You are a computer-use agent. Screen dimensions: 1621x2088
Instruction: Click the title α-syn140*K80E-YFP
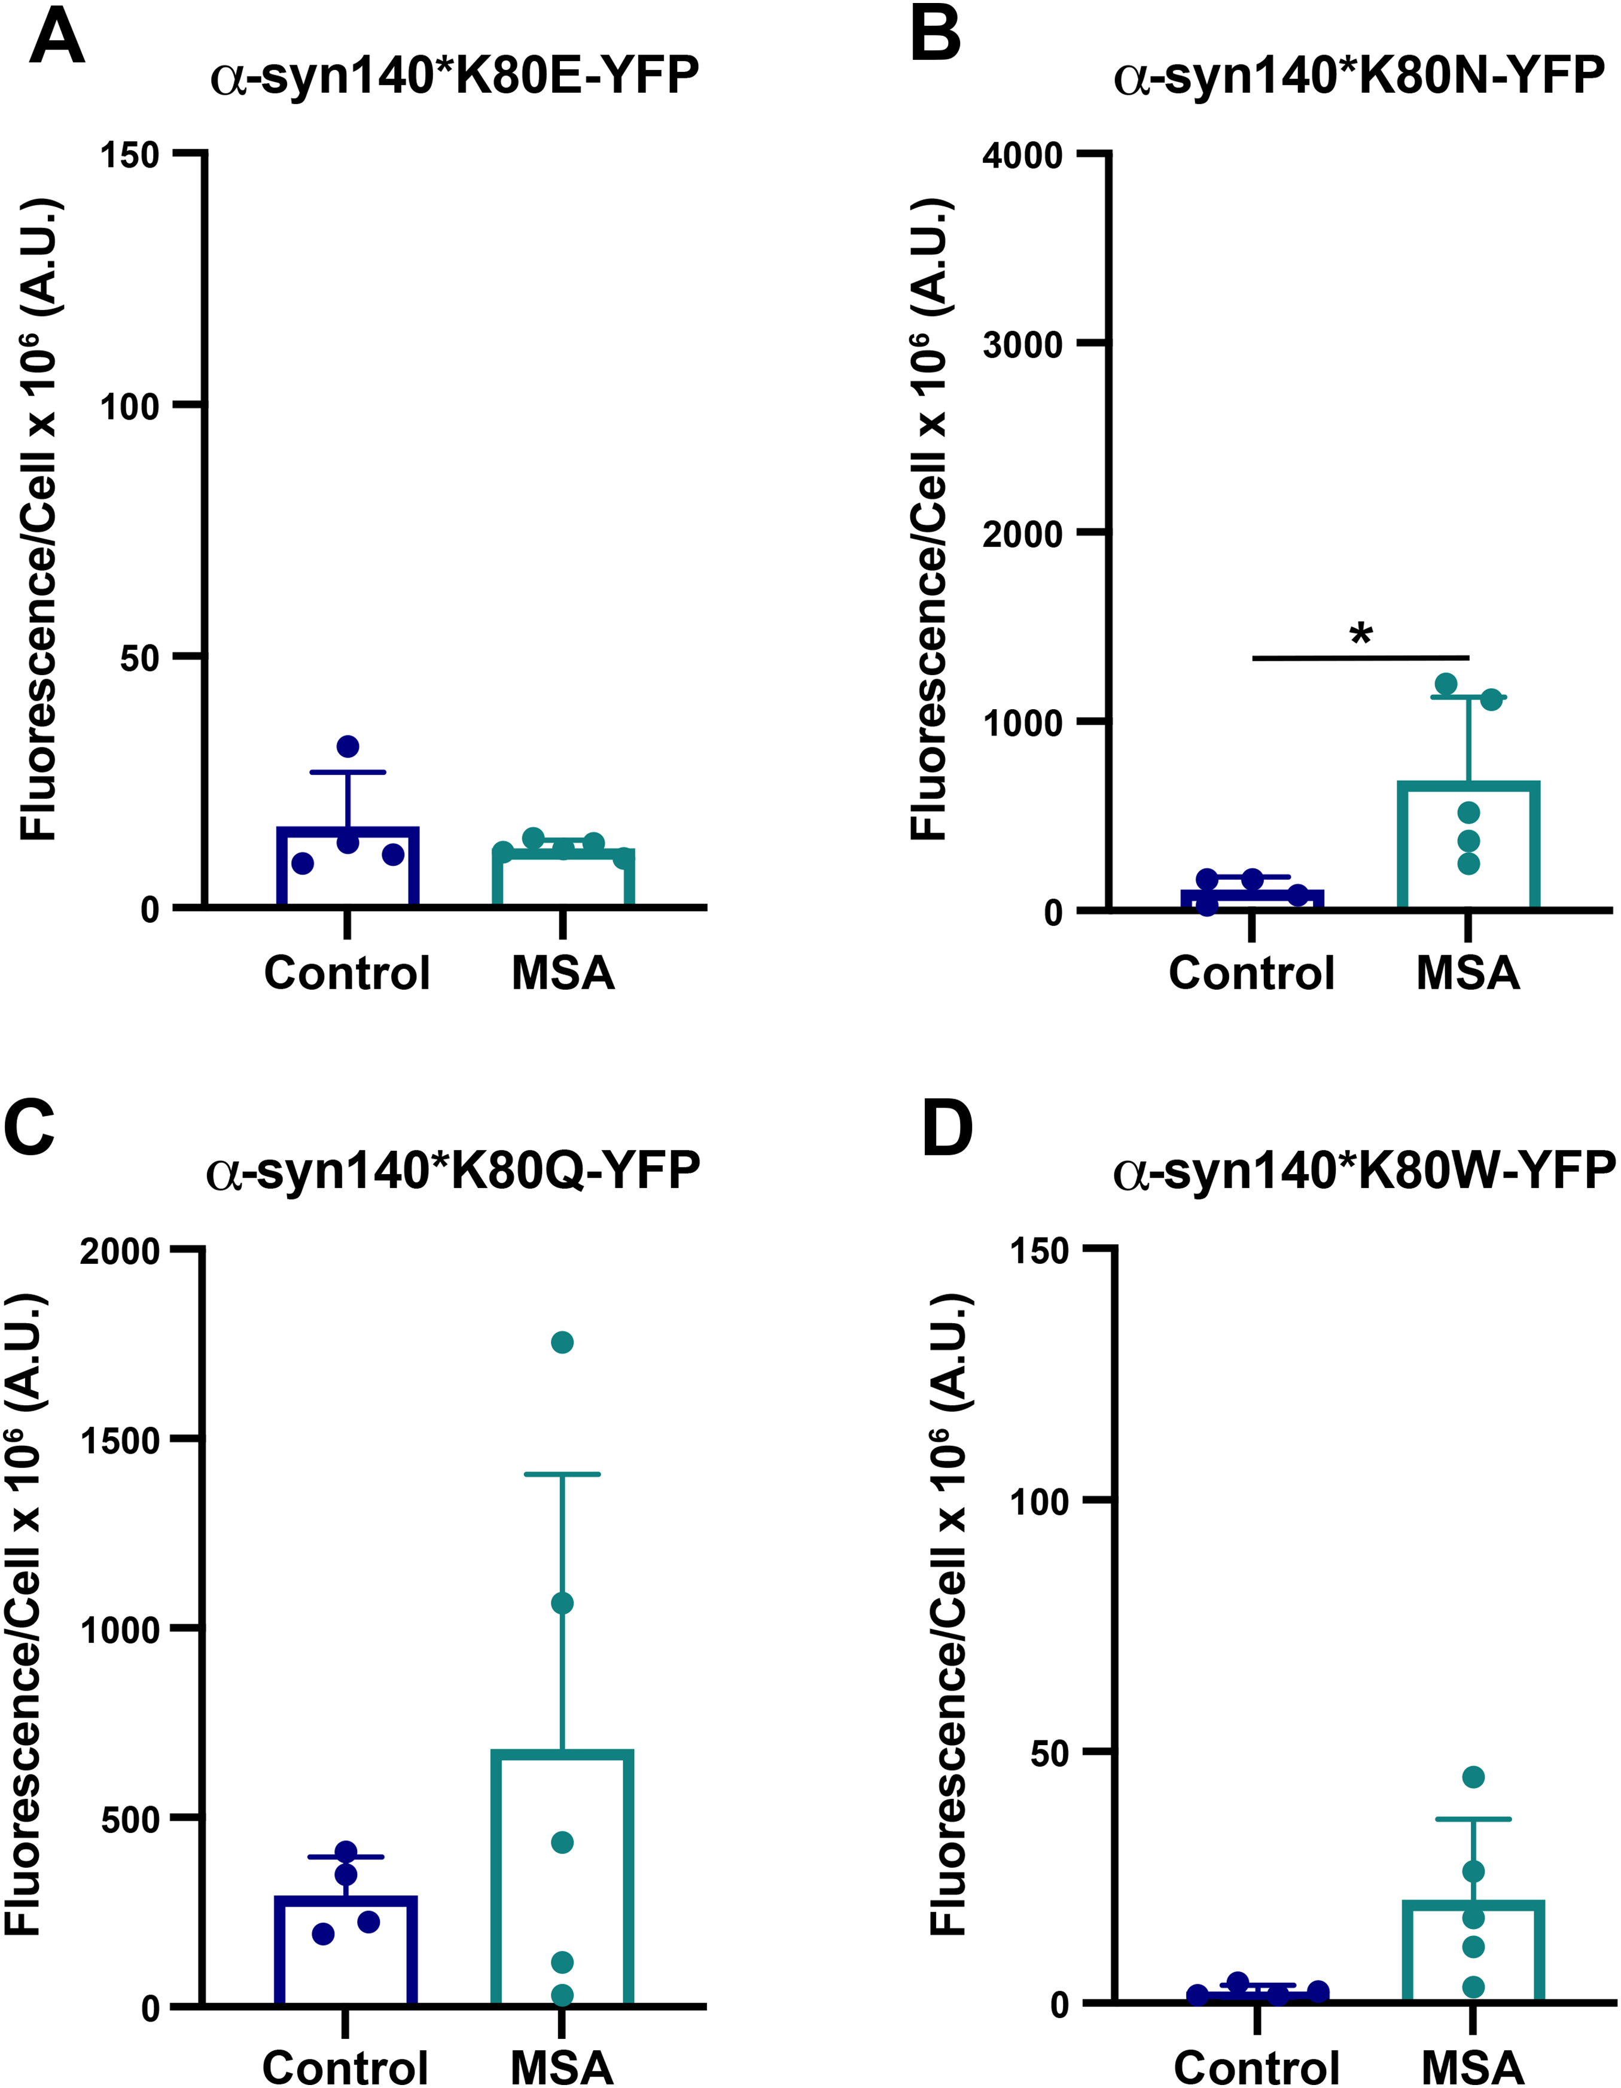[x=454, y=75]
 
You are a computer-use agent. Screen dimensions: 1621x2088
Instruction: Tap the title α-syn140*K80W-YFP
[x=1365, y=1170]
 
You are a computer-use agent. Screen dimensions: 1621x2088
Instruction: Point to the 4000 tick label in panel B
[x=1023, y=155]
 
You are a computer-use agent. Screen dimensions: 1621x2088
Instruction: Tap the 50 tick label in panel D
[x=1049, y=1752]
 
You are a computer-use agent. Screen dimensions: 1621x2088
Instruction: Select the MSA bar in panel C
[x=563, y=1880]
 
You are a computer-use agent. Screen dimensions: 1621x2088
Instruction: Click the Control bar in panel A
[x=348, y=866]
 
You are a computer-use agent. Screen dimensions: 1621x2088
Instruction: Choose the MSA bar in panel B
[x=1468, y=844]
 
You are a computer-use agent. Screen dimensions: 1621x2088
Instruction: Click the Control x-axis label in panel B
[x=1251, y=973]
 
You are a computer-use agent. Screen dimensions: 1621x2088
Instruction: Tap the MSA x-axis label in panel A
[x=563, y=973]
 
